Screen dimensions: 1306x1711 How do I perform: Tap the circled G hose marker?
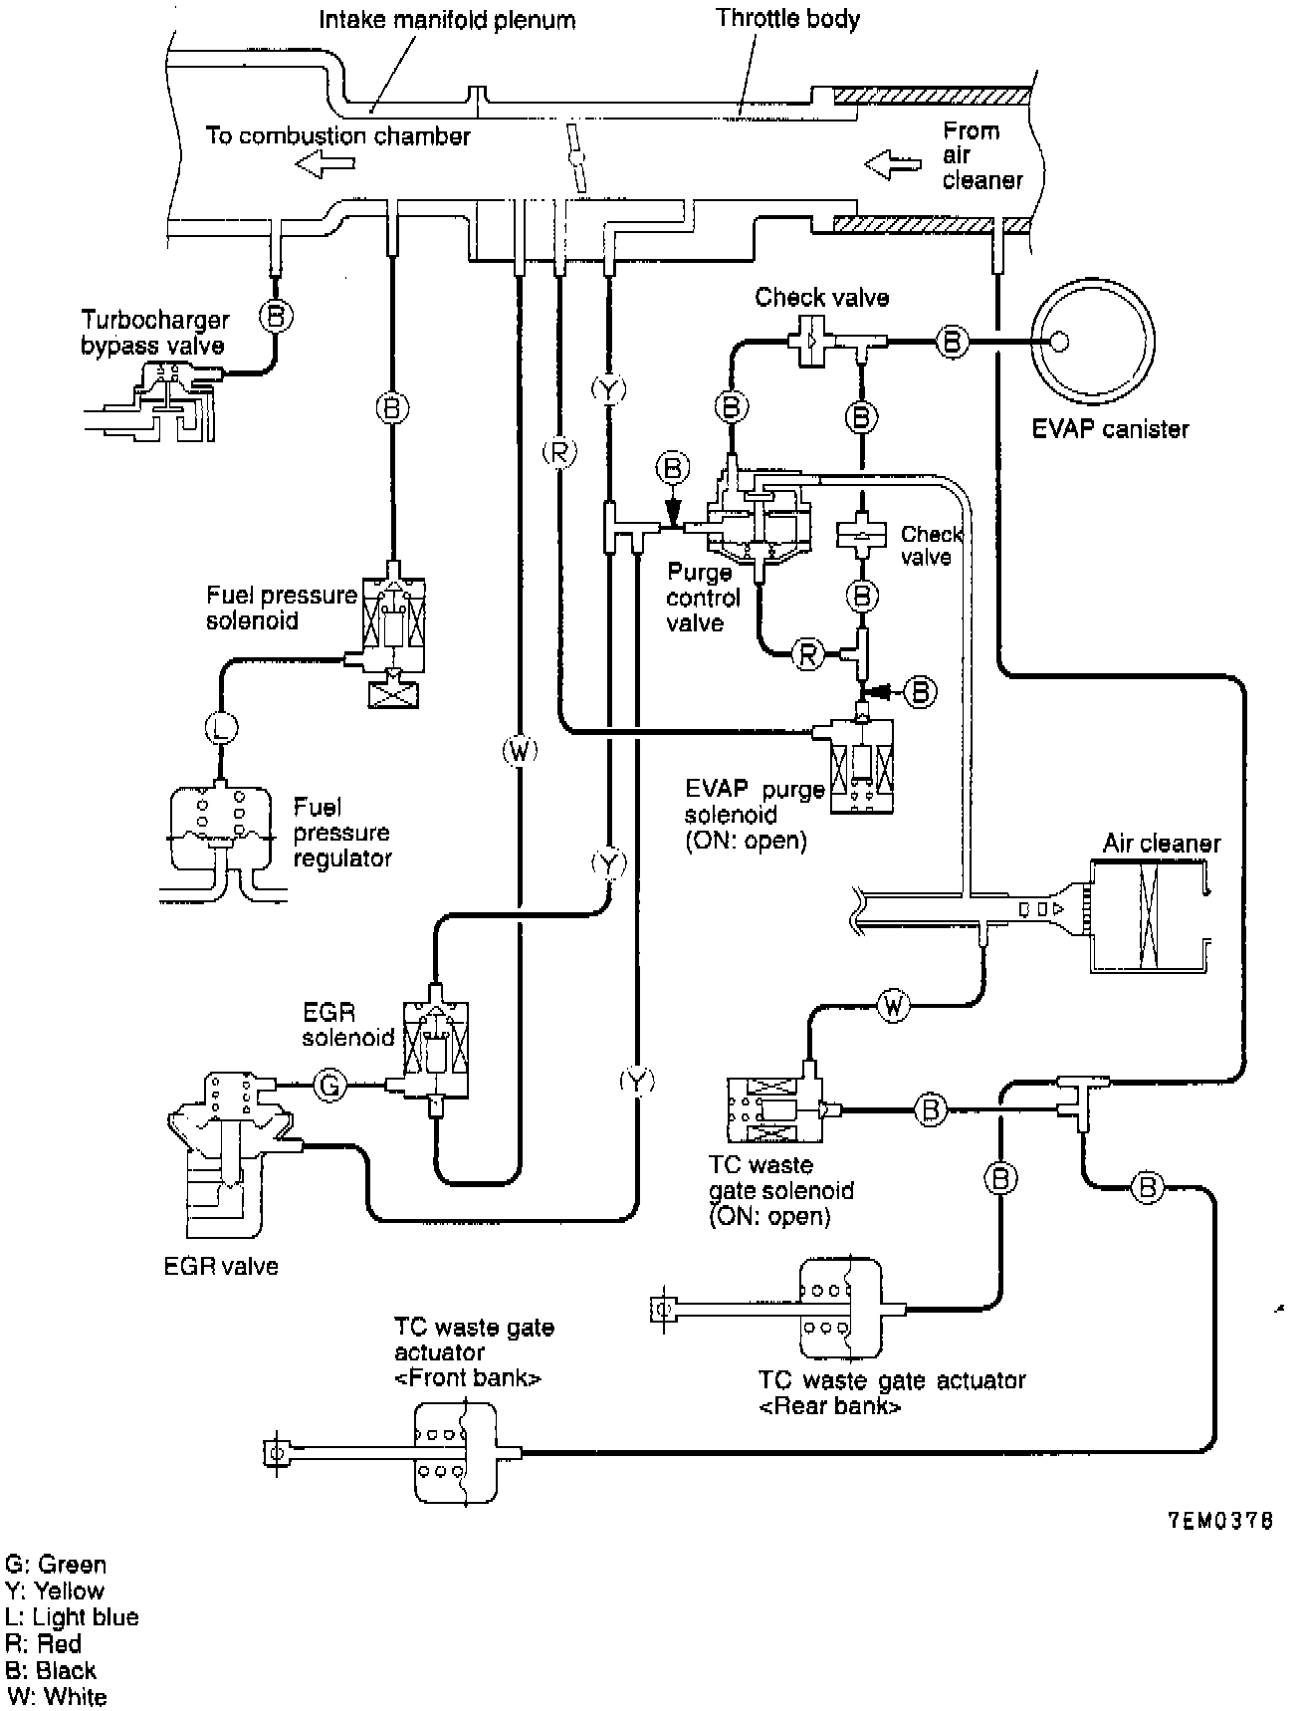[x=330, y=1085]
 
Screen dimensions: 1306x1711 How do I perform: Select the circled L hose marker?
[x=221, y=730]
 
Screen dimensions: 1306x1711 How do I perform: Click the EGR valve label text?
[x=220, y=1266]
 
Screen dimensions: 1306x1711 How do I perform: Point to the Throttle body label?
[x=787, y=18]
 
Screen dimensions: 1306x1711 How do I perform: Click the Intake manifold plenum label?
[x=447, y=19]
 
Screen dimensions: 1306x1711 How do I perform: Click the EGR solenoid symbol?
[x=434, y=1053]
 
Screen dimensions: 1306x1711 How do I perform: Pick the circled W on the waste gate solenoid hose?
[x=893, y=1007]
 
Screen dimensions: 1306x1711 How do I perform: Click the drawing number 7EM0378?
[x=1220, y=1522]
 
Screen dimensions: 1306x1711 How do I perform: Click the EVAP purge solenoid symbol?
[x=854, y=762]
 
